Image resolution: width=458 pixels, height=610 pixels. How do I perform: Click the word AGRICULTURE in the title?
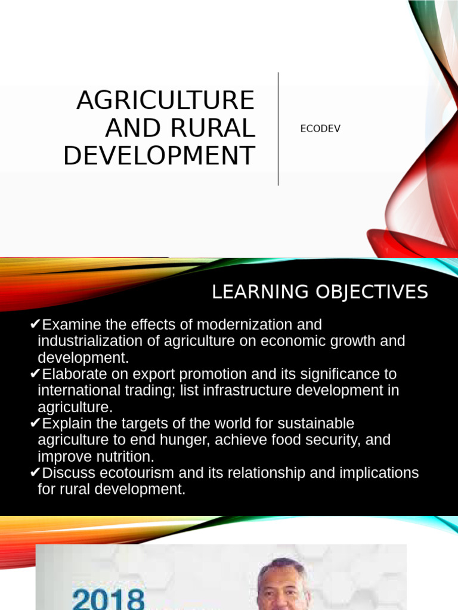point(165,100)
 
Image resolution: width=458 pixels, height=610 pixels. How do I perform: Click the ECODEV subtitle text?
point(320,129)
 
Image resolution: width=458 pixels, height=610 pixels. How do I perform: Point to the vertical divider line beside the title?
point(278,129)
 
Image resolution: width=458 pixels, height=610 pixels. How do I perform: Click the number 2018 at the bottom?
point(108,597)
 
